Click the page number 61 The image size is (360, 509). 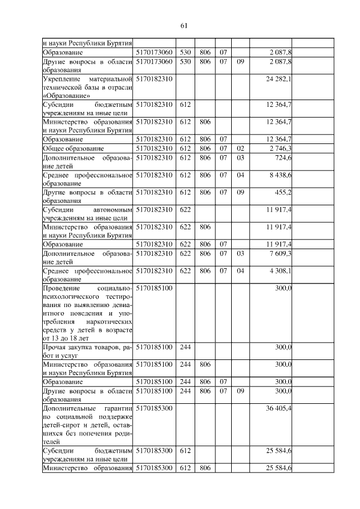pyautogui.click(x=183, y=25)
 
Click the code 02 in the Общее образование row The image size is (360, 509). pyautogui.click(x=241, y=148)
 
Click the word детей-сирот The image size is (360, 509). pyautogui.click(x=62, y=425)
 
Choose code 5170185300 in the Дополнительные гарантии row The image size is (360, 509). pyautogui.click(x=154, y=408)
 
